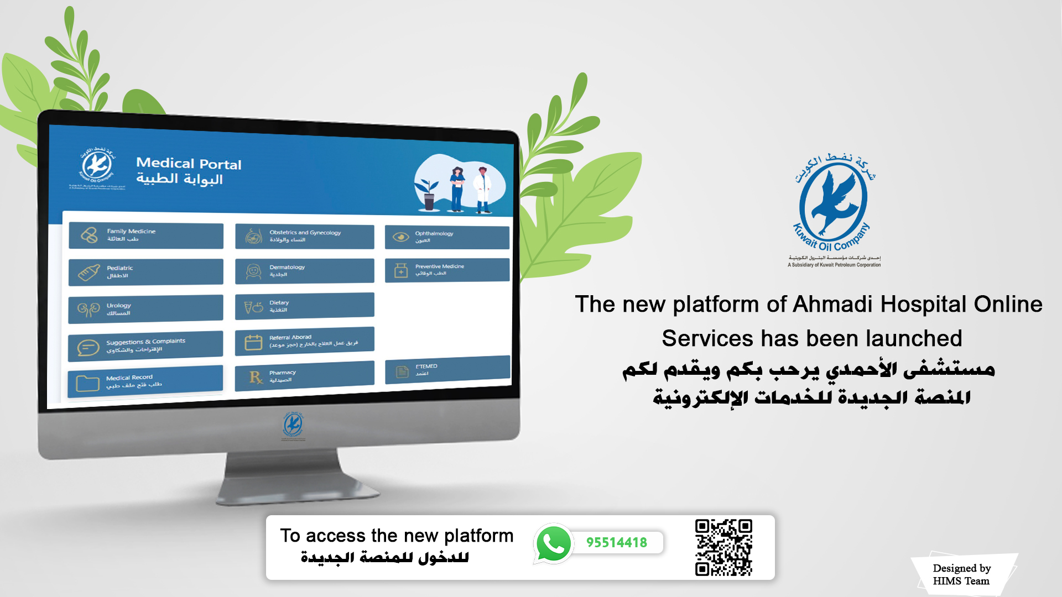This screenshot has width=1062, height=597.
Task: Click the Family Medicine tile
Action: point(146,235)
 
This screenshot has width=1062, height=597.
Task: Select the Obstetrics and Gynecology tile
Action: point(304,237)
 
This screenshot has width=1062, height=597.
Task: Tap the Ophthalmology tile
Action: point(447,237)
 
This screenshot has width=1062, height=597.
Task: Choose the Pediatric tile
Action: point(146,272)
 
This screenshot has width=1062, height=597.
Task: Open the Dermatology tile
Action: point(304,271)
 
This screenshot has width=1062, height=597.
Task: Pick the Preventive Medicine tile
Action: point(447,270)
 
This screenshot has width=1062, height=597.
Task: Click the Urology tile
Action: point(145,309)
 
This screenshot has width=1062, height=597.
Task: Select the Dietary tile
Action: point(304,306)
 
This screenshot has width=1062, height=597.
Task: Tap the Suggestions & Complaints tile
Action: point(145,345)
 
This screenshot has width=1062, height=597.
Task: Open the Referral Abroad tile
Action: point(304,341)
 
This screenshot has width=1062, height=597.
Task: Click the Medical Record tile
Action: point(145,381)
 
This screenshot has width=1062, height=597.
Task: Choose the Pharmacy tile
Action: point(304,376)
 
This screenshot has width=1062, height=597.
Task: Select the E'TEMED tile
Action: point(447,370)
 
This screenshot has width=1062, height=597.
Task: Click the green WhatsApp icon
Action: point(553,543)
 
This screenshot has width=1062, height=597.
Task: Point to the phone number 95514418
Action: point(617,543)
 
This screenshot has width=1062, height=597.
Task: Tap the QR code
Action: point(723,547)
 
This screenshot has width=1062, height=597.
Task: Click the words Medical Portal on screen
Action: point(189,164)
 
